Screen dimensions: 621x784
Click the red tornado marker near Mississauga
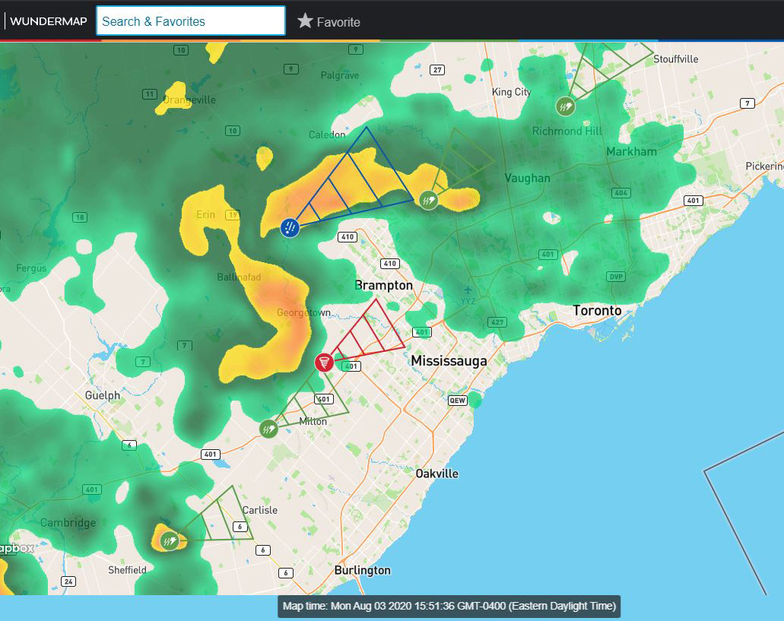coord(324,363)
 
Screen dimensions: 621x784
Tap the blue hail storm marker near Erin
coord(290,227)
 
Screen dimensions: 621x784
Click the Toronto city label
coord(597,310)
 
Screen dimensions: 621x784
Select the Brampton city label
coord(383,285)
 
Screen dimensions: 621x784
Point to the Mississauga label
coord(449,361)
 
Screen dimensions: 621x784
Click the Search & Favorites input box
coord(190,21)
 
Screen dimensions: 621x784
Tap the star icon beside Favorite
coord(305,21)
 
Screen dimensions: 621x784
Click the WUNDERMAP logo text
coord(48,21)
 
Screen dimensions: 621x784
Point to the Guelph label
coord(103,395)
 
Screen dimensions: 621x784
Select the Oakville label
coord(436,474)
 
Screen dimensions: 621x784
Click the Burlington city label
coord(362,570)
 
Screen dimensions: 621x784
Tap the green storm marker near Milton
coord(268,429)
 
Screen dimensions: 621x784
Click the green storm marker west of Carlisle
coord(169,541)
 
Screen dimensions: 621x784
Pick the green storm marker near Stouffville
coord(565,106)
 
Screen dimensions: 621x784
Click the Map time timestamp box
coord(449,607)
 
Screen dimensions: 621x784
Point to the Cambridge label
coord(68,523)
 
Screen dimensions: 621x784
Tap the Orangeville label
coord(189,100)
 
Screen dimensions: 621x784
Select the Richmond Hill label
coord(567,131)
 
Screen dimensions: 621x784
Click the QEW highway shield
coord(458,400)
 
